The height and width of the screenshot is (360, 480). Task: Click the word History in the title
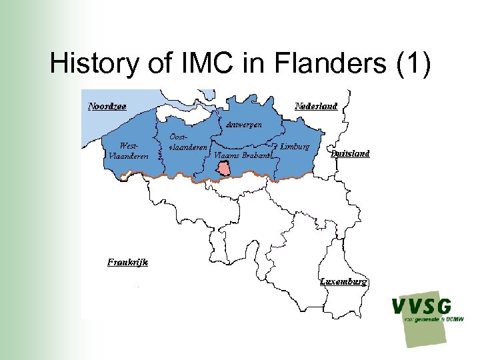tap(90, 63)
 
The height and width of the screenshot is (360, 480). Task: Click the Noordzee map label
tap(107, 106)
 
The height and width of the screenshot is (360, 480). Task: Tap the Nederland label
tap(316, 106)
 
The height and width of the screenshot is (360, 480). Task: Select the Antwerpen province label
tap(243, 125)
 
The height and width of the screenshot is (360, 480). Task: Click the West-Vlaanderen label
tap(125, 151)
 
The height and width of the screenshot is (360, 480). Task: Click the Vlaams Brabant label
tap(241, 155)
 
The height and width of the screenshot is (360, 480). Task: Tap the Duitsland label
tap(350, 153)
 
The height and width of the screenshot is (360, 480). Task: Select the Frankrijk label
tap(128, 262)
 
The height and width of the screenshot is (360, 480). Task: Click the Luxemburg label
tap(343, 282)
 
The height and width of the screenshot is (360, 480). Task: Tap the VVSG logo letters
tap(421, 307)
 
